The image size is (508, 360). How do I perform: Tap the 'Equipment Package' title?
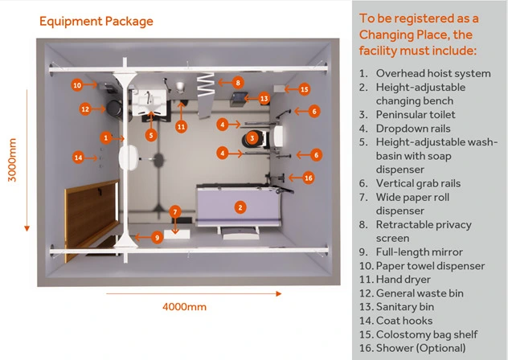coord(96,20)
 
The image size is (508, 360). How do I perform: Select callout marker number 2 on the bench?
coord(240,207)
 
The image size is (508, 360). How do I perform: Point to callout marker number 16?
coord(308,178)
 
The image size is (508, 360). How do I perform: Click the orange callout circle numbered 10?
coord(77,84)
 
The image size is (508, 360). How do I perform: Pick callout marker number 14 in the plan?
coord(78,157)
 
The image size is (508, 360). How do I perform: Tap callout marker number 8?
coord(239,82)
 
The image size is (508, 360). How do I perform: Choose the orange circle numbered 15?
coord(304,89)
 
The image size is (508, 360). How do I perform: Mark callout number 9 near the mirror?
coord(158,237)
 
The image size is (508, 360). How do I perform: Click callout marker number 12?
coord(84,108)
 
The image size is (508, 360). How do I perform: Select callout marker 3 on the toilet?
coord(252,138)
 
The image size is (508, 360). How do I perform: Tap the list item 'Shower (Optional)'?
coord(412,348)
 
